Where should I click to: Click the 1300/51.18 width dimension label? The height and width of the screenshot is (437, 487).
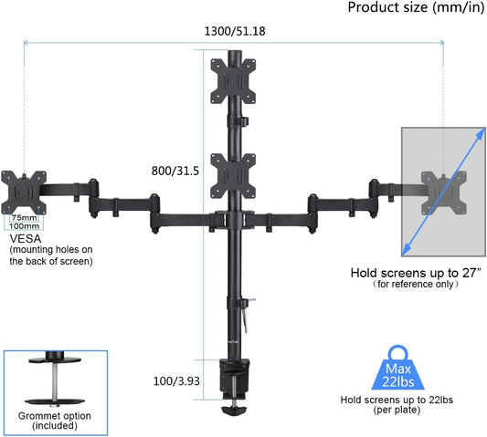point(235,31)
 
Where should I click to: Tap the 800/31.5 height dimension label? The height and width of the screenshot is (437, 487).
point(175,171)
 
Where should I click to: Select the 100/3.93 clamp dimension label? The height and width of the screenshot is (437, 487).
point(176,381)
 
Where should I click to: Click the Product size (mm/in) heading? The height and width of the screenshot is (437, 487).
point(416,7)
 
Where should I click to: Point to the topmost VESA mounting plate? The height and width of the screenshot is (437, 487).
point(233,81)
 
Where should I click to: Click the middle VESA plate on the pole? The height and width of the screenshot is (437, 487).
point(233,176)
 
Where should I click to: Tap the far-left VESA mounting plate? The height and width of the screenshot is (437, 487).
point(24,192)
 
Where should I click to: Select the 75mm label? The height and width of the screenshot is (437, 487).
point(25,218)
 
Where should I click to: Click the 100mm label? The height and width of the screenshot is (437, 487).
point(24,226)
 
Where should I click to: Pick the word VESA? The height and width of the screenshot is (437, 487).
point(26,239)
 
